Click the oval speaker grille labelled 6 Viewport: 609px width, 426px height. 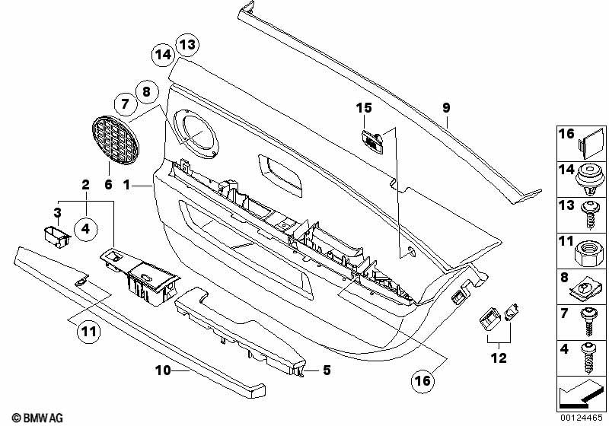[x=116, y=140]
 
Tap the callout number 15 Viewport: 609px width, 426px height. [x=364, y=108]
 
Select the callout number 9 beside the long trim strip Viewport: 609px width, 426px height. [x=446, y=107]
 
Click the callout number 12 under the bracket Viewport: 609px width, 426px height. [x=499, y=358]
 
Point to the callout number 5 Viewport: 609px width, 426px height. [x=327, y=370]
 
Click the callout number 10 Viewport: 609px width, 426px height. [x=163, y=370]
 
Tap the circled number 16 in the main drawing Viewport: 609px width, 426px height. [x=423, y=380]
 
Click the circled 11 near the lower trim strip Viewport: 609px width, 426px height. [x=88, y=332]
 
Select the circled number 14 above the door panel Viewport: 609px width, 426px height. [x=163, y=55]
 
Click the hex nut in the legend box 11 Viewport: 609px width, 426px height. [x=589, y=253]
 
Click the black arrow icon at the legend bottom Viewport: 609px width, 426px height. [x=581, y=394]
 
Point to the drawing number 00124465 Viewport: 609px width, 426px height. [x=581, y=418]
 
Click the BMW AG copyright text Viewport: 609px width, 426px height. [x=37, y=418]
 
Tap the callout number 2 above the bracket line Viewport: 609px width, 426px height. [x=85, y=185]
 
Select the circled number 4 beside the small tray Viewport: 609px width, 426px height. [x=85, y=228]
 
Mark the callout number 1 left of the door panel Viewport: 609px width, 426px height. [x=126, y=185]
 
